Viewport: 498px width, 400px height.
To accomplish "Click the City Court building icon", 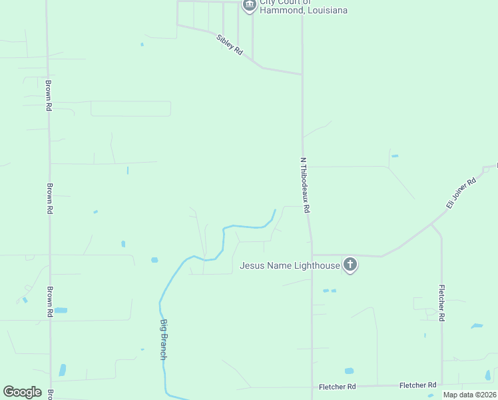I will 250,5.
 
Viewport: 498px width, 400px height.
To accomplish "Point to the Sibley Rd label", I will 230,45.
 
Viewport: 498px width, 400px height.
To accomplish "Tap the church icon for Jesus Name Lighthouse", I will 350,265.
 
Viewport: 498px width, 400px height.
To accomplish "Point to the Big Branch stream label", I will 163,339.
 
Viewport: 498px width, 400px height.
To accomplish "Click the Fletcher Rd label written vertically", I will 441,303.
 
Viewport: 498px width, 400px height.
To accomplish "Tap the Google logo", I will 22,392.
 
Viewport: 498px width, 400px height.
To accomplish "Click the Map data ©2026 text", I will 469,395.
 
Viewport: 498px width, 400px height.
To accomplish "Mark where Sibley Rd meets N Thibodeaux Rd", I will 303,73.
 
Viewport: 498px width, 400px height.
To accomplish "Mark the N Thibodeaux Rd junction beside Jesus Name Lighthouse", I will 312,255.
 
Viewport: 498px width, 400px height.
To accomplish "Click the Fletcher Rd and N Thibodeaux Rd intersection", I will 312,387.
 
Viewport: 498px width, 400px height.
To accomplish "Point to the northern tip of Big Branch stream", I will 274,211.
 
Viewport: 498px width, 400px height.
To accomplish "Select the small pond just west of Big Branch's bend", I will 154,259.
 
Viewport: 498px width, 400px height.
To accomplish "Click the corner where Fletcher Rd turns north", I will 441,385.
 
